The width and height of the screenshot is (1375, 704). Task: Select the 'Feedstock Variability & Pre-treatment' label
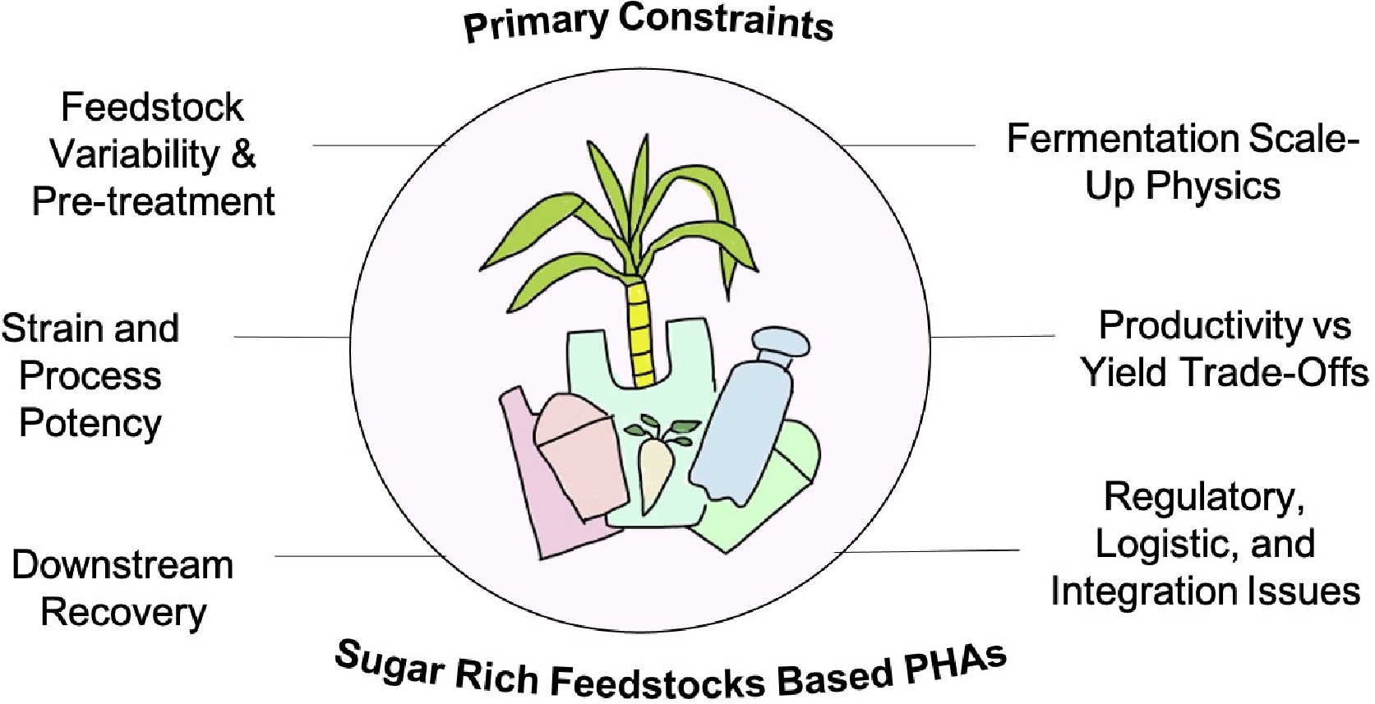click(x=153, y=154)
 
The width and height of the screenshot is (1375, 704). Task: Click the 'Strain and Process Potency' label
click(x=90, y=375)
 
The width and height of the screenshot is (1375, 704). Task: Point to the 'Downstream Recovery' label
click(x=123, y=588)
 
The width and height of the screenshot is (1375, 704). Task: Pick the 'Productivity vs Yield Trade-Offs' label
click(x=1224, y=349)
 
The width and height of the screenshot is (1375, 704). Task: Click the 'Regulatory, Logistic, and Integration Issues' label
click(x=1205, y=544)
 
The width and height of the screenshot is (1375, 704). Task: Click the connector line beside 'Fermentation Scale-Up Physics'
click(x=908, y=145)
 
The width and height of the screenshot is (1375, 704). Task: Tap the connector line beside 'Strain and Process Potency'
click(x=292, y=337)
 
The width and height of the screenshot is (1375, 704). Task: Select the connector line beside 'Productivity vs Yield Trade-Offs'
click(x=993, y=336)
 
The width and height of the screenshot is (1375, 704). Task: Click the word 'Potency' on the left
click(x=90, y=423)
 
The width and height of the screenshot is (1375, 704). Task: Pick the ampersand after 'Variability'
click(x=242, y=154)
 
